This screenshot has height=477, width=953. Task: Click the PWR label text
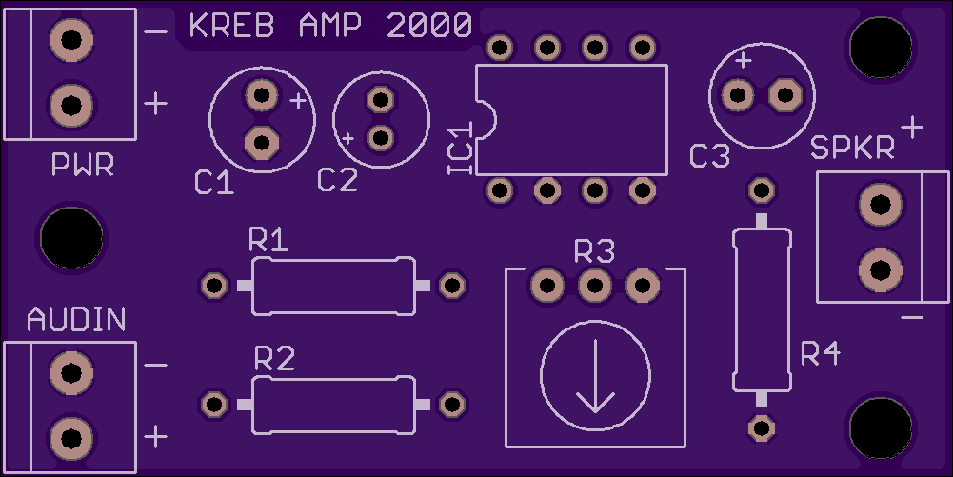83,165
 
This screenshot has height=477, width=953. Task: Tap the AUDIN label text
76,320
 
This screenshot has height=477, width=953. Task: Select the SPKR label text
853,148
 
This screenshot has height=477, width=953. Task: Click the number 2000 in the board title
429,26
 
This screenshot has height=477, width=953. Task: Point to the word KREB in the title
231,26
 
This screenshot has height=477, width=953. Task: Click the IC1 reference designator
461,149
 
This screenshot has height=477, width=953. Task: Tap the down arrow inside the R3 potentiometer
595,376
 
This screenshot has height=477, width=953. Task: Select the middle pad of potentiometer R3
594,285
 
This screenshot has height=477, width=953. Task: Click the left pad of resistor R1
214,285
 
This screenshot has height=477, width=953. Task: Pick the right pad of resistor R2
452,404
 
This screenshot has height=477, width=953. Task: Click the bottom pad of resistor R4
761,428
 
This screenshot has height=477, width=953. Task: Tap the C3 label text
709,156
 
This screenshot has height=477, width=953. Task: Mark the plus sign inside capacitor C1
298,101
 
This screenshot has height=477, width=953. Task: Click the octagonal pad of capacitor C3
785,95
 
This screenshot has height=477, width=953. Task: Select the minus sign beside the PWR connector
156,31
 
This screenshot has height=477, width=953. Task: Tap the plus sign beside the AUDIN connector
155,437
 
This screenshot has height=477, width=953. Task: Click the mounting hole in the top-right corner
881,48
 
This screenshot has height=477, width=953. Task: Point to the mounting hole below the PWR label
71,238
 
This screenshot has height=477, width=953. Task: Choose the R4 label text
821,353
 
